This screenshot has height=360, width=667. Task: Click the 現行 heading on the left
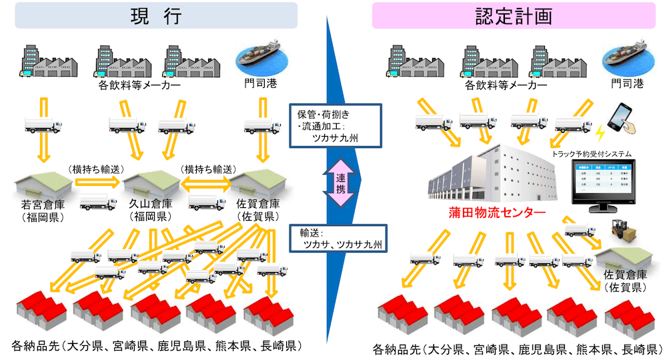(155, 15)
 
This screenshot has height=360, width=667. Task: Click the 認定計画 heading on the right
(514, 15)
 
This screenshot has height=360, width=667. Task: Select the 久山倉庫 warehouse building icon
(149, 183)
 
